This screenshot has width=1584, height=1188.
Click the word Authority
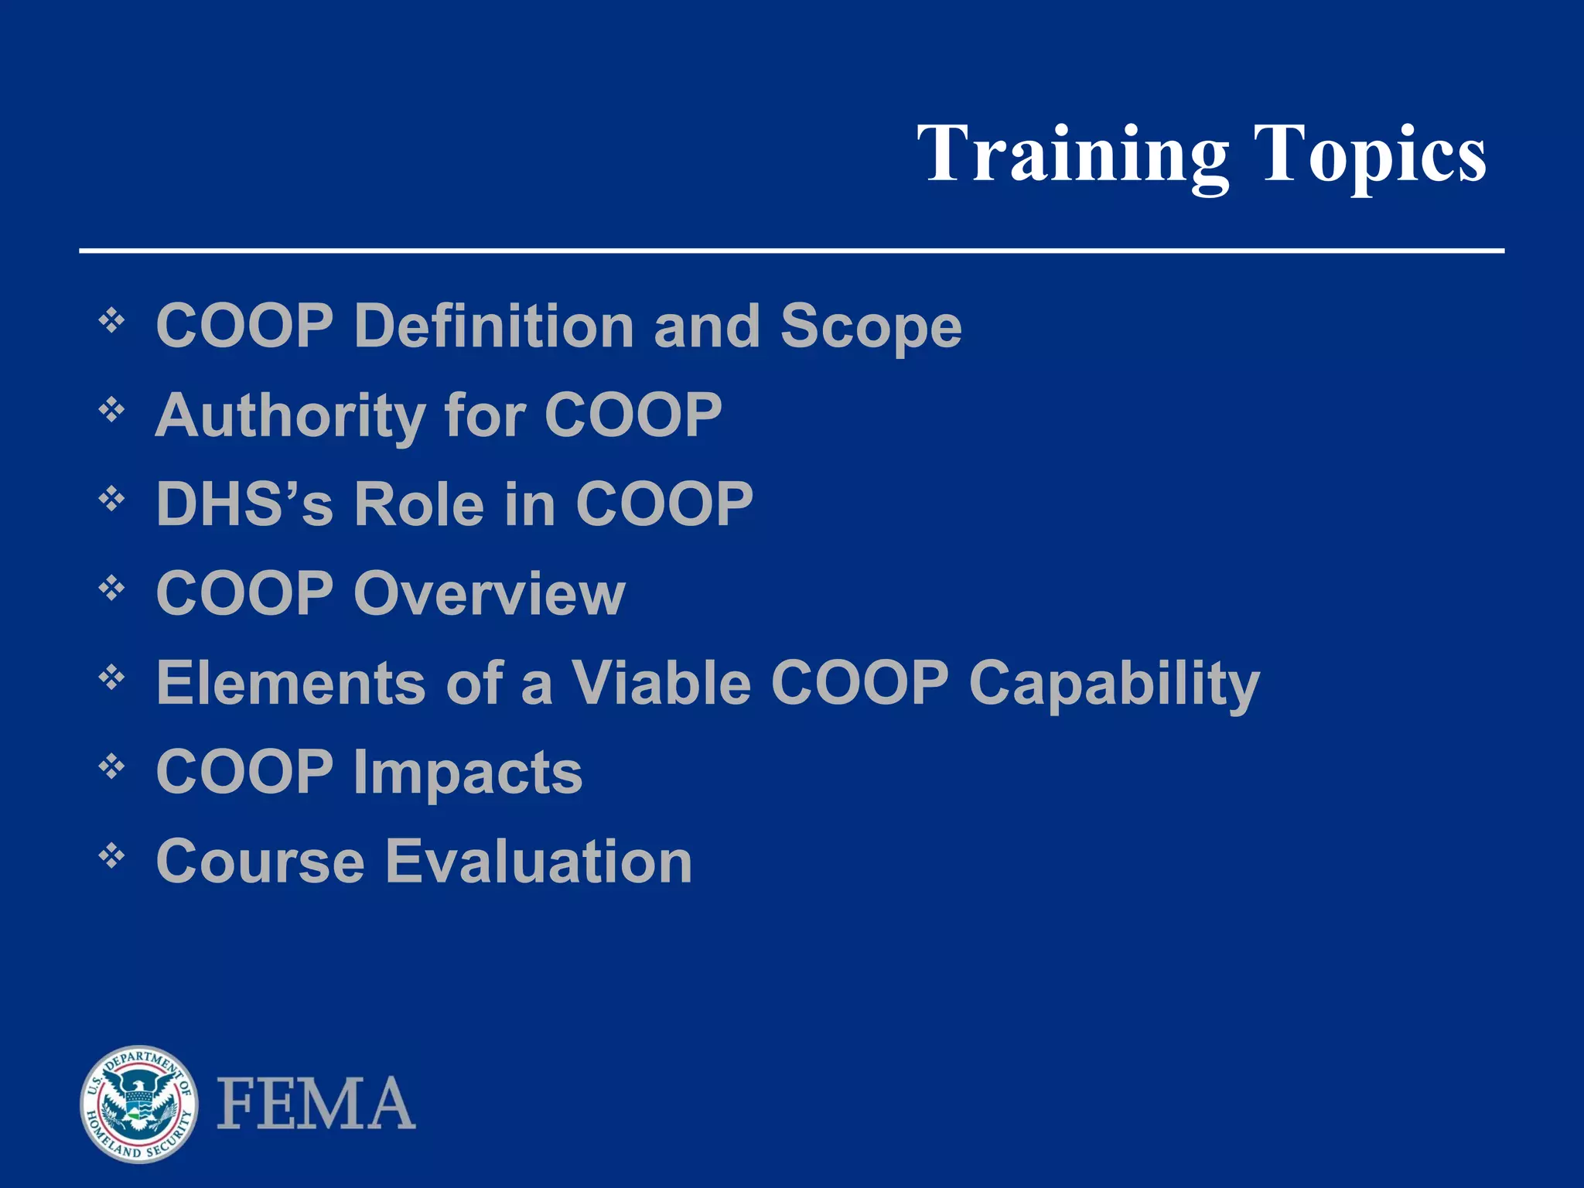[290, 416]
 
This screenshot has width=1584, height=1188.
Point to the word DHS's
[244, 504]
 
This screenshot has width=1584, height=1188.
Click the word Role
[418, 504]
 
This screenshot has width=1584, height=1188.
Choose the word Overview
[489, 594]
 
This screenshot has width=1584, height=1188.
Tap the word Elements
[290, 684]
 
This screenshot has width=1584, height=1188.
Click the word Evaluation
[538, 862]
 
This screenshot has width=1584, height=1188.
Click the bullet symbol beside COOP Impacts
[112, 767]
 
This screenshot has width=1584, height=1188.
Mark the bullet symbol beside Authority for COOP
[112, 410]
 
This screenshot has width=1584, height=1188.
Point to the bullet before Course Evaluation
[112, 856]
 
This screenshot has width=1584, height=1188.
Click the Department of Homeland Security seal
[139, 1104]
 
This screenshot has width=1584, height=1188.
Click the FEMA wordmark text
[316, 1104]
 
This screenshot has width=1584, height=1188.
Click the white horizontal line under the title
[791, 251]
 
